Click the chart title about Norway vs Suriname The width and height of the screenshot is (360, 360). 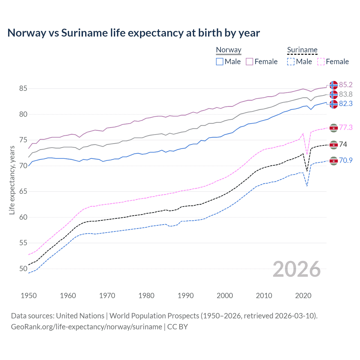(x=134, y=33)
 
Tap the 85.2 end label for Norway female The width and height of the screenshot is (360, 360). (x=346, y=85)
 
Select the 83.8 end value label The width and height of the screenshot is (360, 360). (x=346, y=94)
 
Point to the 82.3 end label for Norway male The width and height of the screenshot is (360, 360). (x=346, y=104)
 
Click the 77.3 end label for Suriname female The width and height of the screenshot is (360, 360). (x=346, y=127)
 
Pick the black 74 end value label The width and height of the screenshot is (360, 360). (x=343, y=144)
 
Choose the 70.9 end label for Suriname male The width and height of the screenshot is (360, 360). (x=346, y=160)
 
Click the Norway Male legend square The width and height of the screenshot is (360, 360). (x=220, y=62)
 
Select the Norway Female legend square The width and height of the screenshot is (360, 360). (x=249, y=62)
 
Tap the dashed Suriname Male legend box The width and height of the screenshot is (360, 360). (x=291, y=62)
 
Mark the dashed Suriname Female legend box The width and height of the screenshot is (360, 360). (x=321, y=62)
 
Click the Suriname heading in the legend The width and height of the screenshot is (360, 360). (x=302, y=50)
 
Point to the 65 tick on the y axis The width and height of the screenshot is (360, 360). (x=23, y=192)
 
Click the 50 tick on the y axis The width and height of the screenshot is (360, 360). (x=23, y=269)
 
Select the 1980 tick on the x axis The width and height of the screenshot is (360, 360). (x=146, y=296)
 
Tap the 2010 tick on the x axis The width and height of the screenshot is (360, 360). (x=264, y=296)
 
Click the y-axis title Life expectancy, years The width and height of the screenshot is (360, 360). (x=12, y=180)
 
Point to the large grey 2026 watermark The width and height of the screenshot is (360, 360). (x=296, y=269)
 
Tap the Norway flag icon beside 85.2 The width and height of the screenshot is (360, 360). (x=334, y=85)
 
